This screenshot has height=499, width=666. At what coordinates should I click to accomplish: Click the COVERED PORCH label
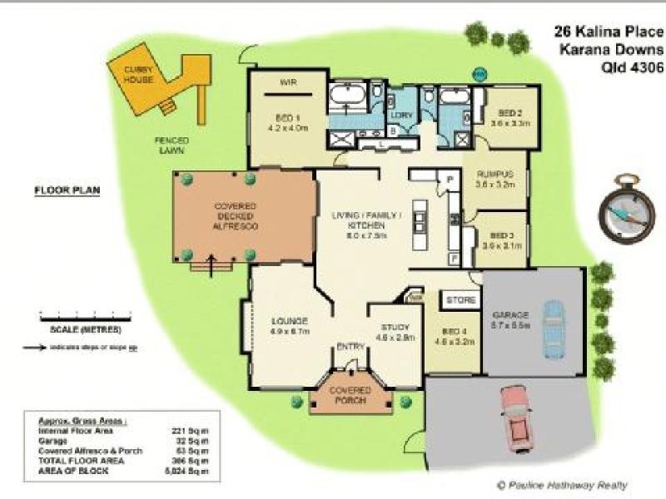349,394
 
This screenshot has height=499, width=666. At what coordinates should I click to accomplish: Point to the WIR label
289,82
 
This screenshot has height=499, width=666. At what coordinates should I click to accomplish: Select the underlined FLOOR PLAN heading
67,190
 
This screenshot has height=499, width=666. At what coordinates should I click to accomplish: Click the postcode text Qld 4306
632,70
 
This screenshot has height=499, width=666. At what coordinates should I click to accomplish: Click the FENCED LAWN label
171,145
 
